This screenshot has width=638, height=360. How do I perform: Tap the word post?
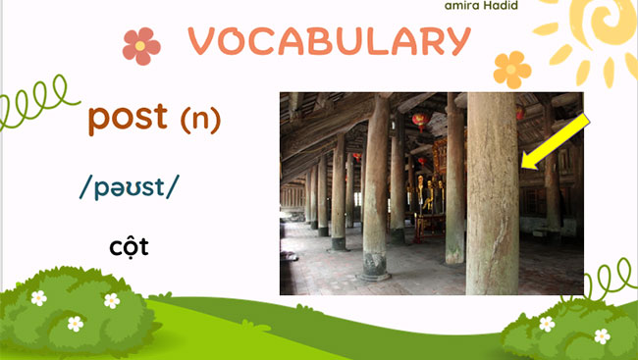click(128, 118)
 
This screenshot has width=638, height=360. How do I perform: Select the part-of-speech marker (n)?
click(200, 119)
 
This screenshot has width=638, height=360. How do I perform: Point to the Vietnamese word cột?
click(129, 245)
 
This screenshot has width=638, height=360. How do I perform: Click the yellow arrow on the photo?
click(556, 140)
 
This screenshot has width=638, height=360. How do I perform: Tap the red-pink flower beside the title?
click(141, 45)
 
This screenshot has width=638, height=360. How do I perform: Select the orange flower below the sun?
click(512, 70)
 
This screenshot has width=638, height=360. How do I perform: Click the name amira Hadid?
click(481, 5)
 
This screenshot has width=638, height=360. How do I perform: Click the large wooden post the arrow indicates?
click(491, 196)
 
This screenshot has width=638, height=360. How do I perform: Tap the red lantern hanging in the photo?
click(420, 122)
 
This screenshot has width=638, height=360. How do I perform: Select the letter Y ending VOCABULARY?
click(454, 41)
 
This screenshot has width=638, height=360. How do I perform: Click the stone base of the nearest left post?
click(375, 264)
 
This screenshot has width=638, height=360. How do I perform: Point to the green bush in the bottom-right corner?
click(569, 329)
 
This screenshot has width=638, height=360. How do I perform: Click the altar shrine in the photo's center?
click(427, 201)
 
